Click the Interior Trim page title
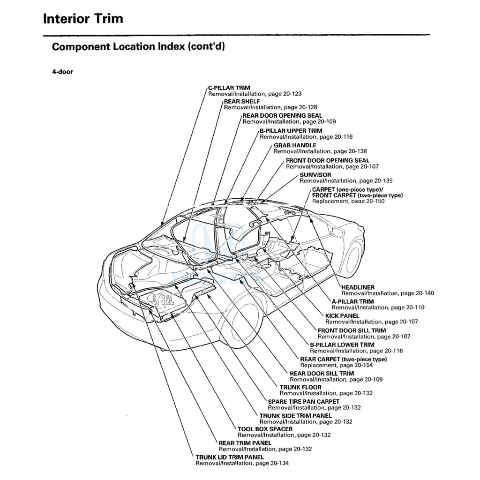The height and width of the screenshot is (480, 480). [83, 19]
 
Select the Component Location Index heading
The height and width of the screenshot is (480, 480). [135, 47]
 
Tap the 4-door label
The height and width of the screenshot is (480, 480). [62, 72]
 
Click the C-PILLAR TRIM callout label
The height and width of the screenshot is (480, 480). [229, 88]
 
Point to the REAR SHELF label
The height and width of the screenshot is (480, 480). [241, 101]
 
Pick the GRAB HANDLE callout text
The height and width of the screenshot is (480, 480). [295, 145]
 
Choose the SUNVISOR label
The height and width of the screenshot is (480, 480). [315, 175]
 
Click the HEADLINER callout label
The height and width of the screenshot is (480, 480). [358, 287]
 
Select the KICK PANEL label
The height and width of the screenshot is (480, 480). [342, 316]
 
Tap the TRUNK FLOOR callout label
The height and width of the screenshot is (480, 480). [300, 387]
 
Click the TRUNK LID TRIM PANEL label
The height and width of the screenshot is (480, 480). [230, 457]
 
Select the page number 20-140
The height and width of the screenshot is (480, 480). [421, 293]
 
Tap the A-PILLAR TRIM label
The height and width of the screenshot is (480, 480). [352, 301]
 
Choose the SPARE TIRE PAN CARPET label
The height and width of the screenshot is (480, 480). [304, 402]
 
